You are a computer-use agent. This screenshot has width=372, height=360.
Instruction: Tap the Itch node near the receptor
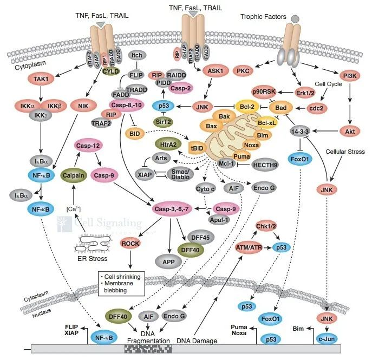click(135, 56)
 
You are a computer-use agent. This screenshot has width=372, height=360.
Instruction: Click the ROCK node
click(130, 244)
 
